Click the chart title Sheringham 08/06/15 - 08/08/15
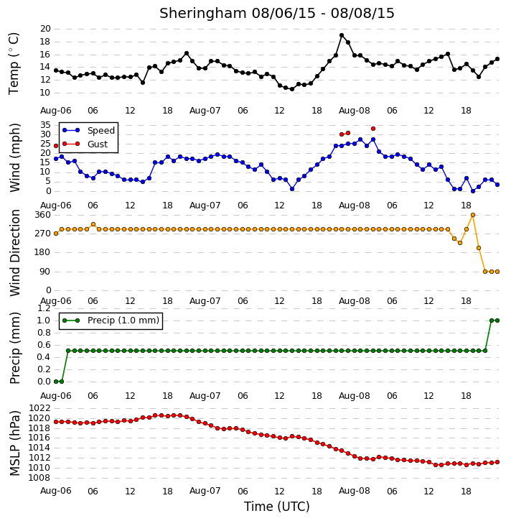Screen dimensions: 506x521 click(x=277, y=13)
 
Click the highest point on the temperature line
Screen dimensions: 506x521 click(x=342, y=35)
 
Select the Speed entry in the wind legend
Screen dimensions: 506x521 click(x=88, y=131)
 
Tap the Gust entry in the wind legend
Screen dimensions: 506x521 click(x=85, y=144)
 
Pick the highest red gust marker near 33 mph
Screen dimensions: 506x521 click(x=373, y=129)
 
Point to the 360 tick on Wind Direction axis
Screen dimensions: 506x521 click(x=43, y=215)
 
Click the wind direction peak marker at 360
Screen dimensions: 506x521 click(x=473, y=215)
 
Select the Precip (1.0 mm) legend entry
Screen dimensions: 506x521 click(x=111, y=321)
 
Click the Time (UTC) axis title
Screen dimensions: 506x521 click(x=277, y=507)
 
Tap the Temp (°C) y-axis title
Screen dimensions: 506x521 click(x=14, y=64)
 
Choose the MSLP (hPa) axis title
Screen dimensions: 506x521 click(x=14, y=443)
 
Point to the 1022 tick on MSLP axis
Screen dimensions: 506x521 click(x=39, y=408)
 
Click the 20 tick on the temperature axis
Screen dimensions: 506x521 click(x=45, y=29)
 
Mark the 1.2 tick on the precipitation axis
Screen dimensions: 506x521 click(x=44, y=308)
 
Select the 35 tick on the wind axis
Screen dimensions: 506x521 click(x=45, y=125)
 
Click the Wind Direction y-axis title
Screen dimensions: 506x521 click(x=14, y=252)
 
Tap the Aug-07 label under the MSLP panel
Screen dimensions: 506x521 click(x=205, y=491)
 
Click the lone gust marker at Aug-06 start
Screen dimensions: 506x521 click(x=56, y=146)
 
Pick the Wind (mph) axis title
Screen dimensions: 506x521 click(x=14, y=157)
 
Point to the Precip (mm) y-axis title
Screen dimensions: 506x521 click(x=14, y=349)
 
